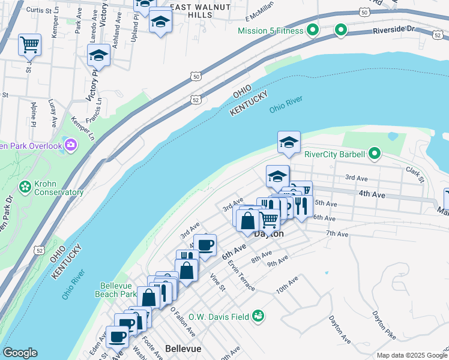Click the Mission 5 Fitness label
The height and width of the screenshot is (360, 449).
[272, 31]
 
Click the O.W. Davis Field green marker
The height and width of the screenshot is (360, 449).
[258, 315]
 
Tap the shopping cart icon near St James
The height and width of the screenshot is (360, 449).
[29, 44]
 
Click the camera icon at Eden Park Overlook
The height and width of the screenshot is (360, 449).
[71, 145]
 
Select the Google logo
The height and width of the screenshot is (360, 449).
[20, 353]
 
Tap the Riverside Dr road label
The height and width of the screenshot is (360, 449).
[393, 29]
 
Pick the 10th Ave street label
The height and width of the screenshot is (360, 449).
[287, 285]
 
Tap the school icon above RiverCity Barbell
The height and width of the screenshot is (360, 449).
[289, 143]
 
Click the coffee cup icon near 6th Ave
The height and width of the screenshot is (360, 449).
[205, 245]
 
